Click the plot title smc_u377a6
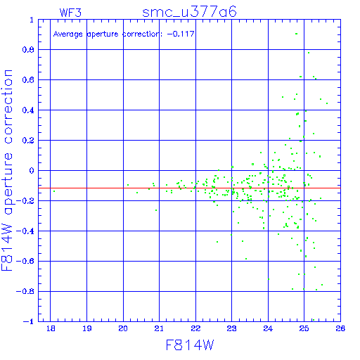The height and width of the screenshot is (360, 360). click(189, 12)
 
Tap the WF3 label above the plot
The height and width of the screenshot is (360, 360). click(70, 13)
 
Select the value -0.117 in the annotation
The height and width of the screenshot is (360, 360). click(181, 34)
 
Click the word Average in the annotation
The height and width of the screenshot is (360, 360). click(68, 34)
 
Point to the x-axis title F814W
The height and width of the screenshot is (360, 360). click(190, 345)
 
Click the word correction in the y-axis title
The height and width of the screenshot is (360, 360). click(8, 107)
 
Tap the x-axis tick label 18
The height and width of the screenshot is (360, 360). click(51, 328)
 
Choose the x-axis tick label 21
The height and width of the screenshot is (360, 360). click(159, 328)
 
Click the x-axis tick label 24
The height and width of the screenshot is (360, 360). click(268, 328)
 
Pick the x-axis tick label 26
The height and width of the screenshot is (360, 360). click(340, 328)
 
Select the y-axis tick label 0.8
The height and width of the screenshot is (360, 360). click(28, 50)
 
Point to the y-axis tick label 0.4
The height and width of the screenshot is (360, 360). click(28, 110)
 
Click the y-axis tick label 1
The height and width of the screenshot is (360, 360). click(32, 20)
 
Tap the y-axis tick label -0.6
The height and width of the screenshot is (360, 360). click(25, 261)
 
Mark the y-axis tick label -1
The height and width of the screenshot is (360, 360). click(29, 321)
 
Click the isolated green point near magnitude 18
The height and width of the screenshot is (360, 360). click(54, 191)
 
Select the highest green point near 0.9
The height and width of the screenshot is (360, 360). click(297, 34)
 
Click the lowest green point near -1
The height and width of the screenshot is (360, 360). click(314, 320)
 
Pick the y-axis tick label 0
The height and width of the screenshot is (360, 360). click(32, 171)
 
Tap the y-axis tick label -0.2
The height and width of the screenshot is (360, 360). click(25, 201)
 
